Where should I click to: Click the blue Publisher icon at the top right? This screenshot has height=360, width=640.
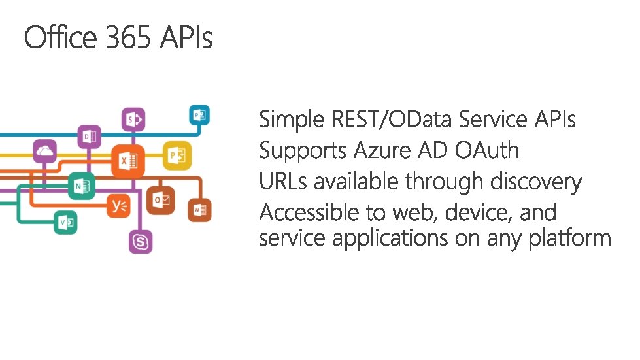(199, 116)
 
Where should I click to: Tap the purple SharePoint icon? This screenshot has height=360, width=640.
(135, 120)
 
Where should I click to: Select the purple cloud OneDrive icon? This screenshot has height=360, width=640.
(45, 152)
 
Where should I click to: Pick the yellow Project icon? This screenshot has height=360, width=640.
(177, 154)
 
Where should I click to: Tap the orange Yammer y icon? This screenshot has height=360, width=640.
(120, 207)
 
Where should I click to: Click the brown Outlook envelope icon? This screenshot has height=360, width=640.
(160, 199)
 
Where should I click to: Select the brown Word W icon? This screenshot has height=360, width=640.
(200, 210)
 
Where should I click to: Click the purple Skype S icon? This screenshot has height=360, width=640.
(141, 242)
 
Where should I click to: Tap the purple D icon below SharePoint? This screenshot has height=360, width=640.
(89, 137)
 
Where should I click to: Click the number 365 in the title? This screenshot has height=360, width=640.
(130, 38)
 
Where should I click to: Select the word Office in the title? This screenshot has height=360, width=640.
(61, 38)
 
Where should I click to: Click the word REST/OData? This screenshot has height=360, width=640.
(393, 120)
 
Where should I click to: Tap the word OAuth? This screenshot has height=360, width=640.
(487, 151)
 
